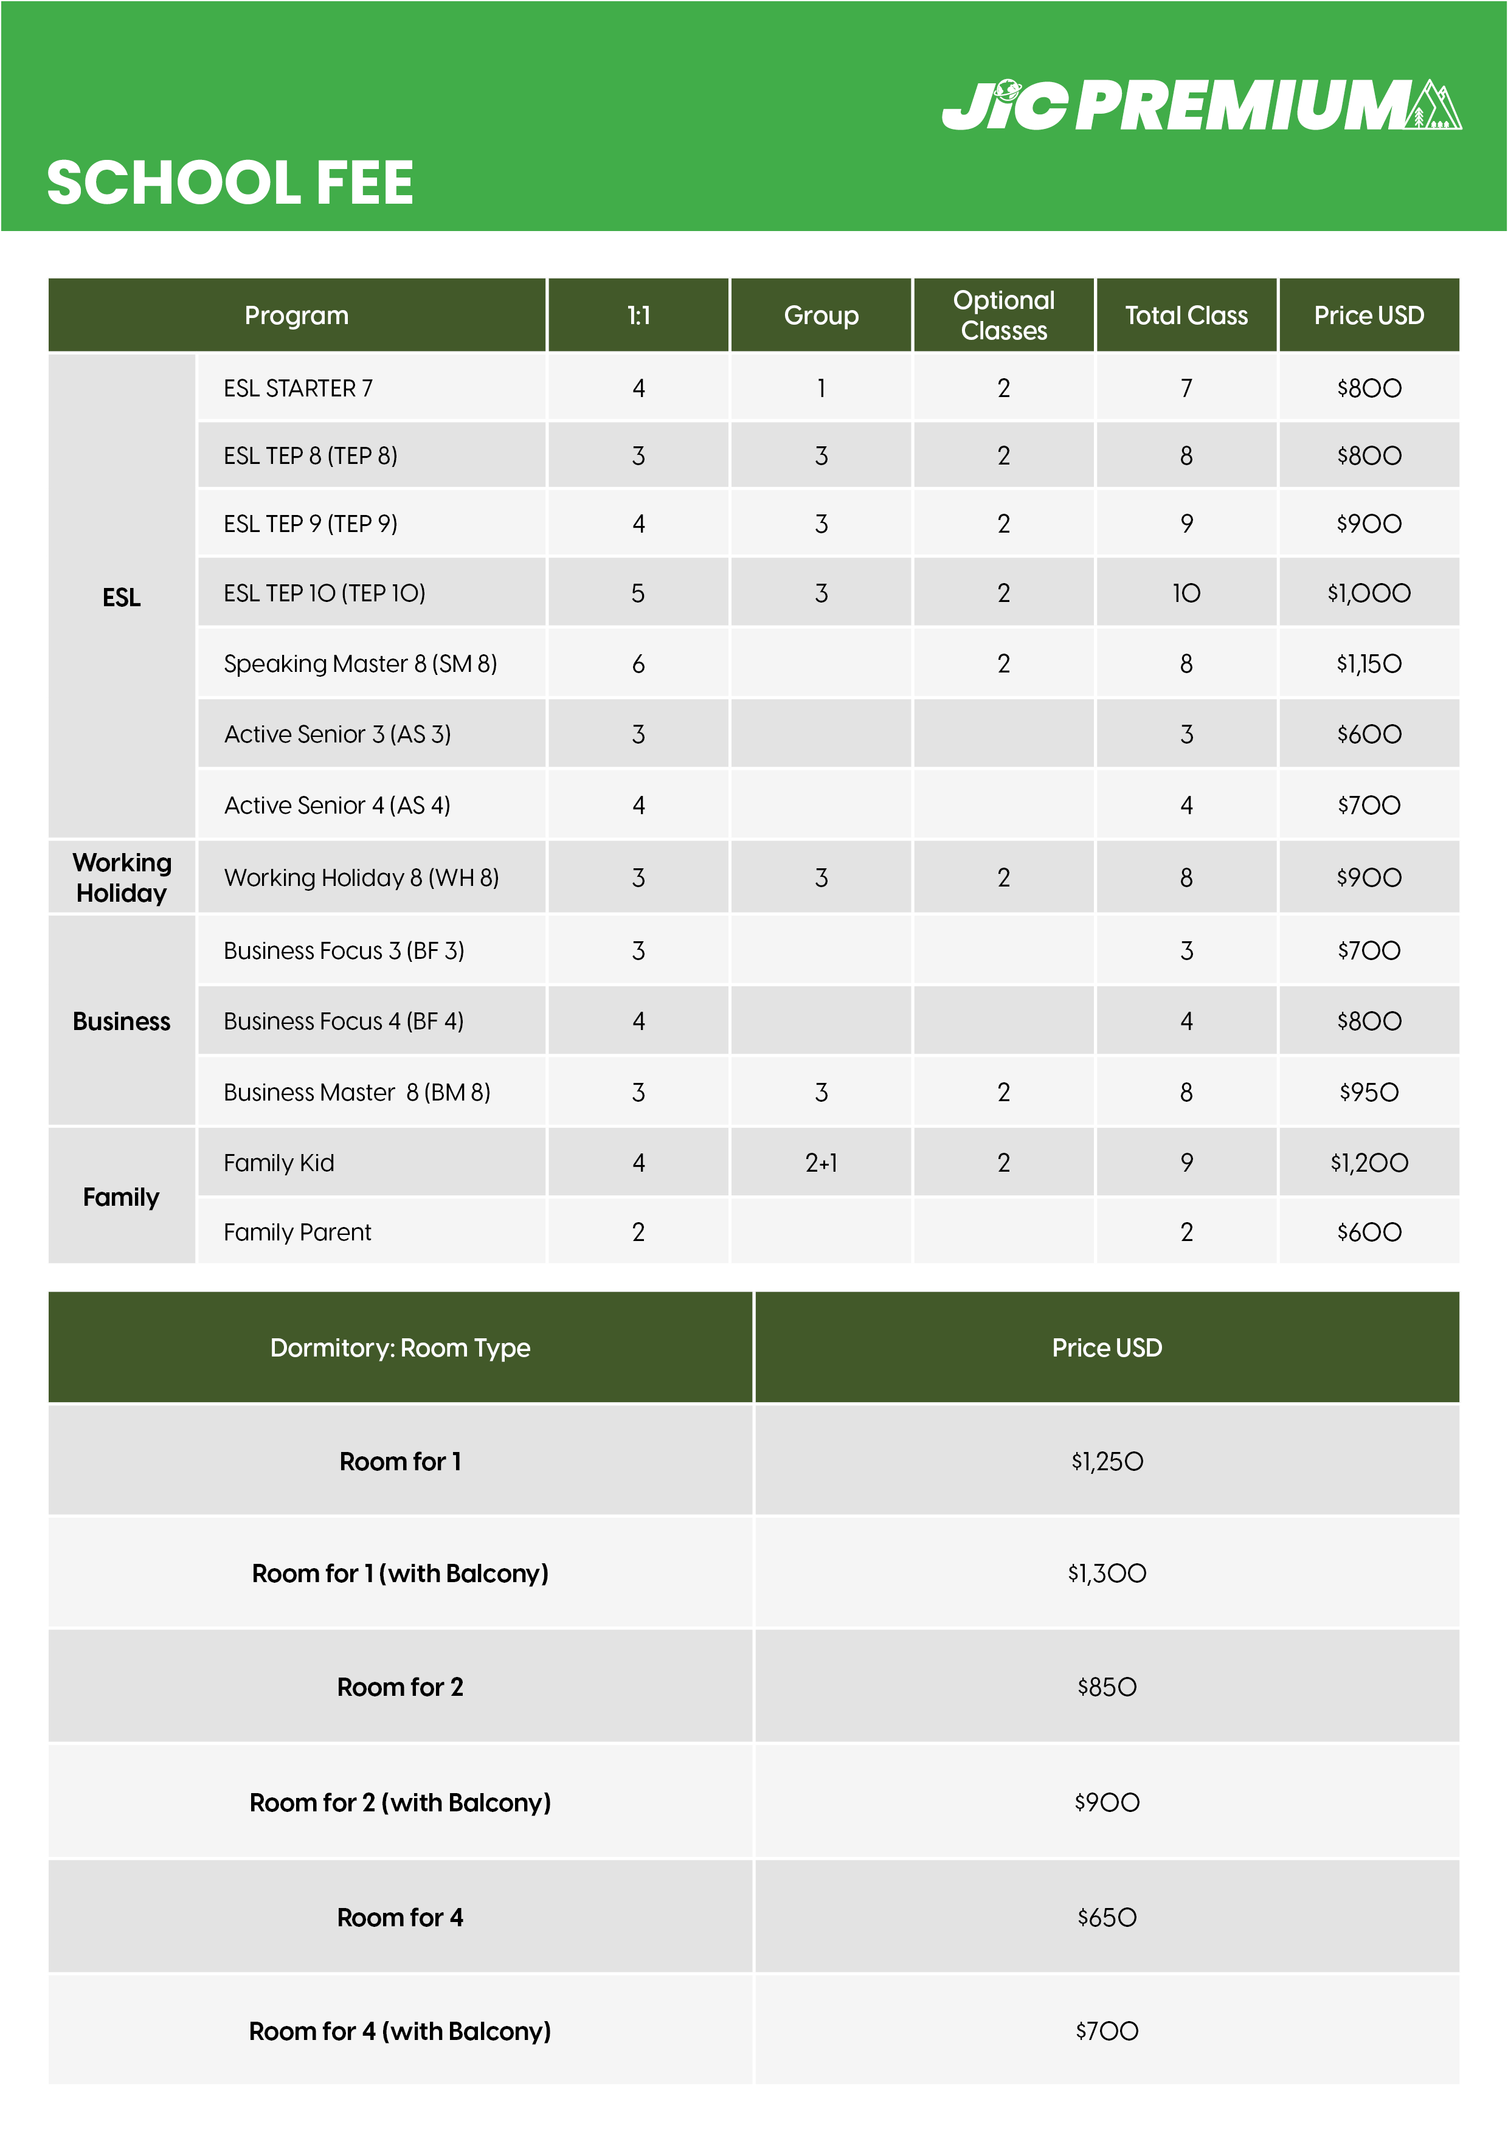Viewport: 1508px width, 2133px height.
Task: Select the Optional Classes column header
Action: (x=1003, y=316)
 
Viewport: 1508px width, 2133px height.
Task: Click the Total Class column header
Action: (x=1186, y=316)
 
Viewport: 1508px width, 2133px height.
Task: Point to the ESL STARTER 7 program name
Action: (x=298, y=389)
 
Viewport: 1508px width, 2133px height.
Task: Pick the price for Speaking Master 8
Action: (x=1369, y=664)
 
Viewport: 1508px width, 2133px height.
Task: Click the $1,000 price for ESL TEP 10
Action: (x=1369, y=593)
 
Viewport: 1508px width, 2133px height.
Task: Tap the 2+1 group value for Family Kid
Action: (x=821, y=1163)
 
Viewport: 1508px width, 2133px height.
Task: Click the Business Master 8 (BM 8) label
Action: (x=357, y=1093)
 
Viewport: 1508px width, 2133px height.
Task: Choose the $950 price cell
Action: (x=1369, y=1093)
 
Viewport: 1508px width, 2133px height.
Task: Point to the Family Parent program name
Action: (x=297, y=1232)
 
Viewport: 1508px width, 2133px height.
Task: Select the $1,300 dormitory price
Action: (x=1107, y=1574)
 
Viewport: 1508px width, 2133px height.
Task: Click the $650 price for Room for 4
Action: (x=1107, y=1918)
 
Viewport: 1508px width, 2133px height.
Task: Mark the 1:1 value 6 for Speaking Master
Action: (x=638, y=664)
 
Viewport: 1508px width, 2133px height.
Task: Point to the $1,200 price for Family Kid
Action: (x=1369, y=1163)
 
